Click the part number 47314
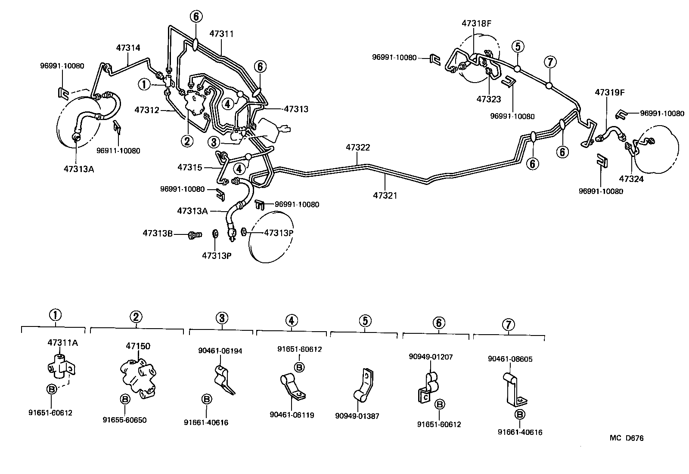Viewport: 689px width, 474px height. point(128,48)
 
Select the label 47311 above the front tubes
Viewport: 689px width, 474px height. point(222,34)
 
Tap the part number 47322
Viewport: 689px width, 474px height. point(358,148)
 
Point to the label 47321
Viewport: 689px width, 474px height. point(385,195)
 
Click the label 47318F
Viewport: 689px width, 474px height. point(476,24)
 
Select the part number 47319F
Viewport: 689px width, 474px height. point(610,92)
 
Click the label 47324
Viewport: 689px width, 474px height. point(631,179)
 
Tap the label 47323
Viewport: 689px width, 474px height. point(489,99)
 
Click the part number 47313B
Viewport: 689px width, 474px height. point(158,234)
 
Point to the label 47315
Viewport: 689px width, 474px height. point(190,167)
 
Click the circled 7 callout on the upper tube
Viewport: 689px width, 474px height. point(550,62)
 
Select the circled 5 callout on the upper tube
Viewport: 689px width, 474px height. point(518,46)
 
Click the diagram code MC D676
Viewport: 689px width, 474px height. point(627,438)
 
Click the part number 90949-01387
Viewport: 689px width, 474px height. point(357,416)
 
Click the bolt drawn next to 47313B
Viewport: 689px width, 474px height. point(195,235)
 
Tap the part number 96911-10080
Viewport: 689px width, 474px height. point(118,151)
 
